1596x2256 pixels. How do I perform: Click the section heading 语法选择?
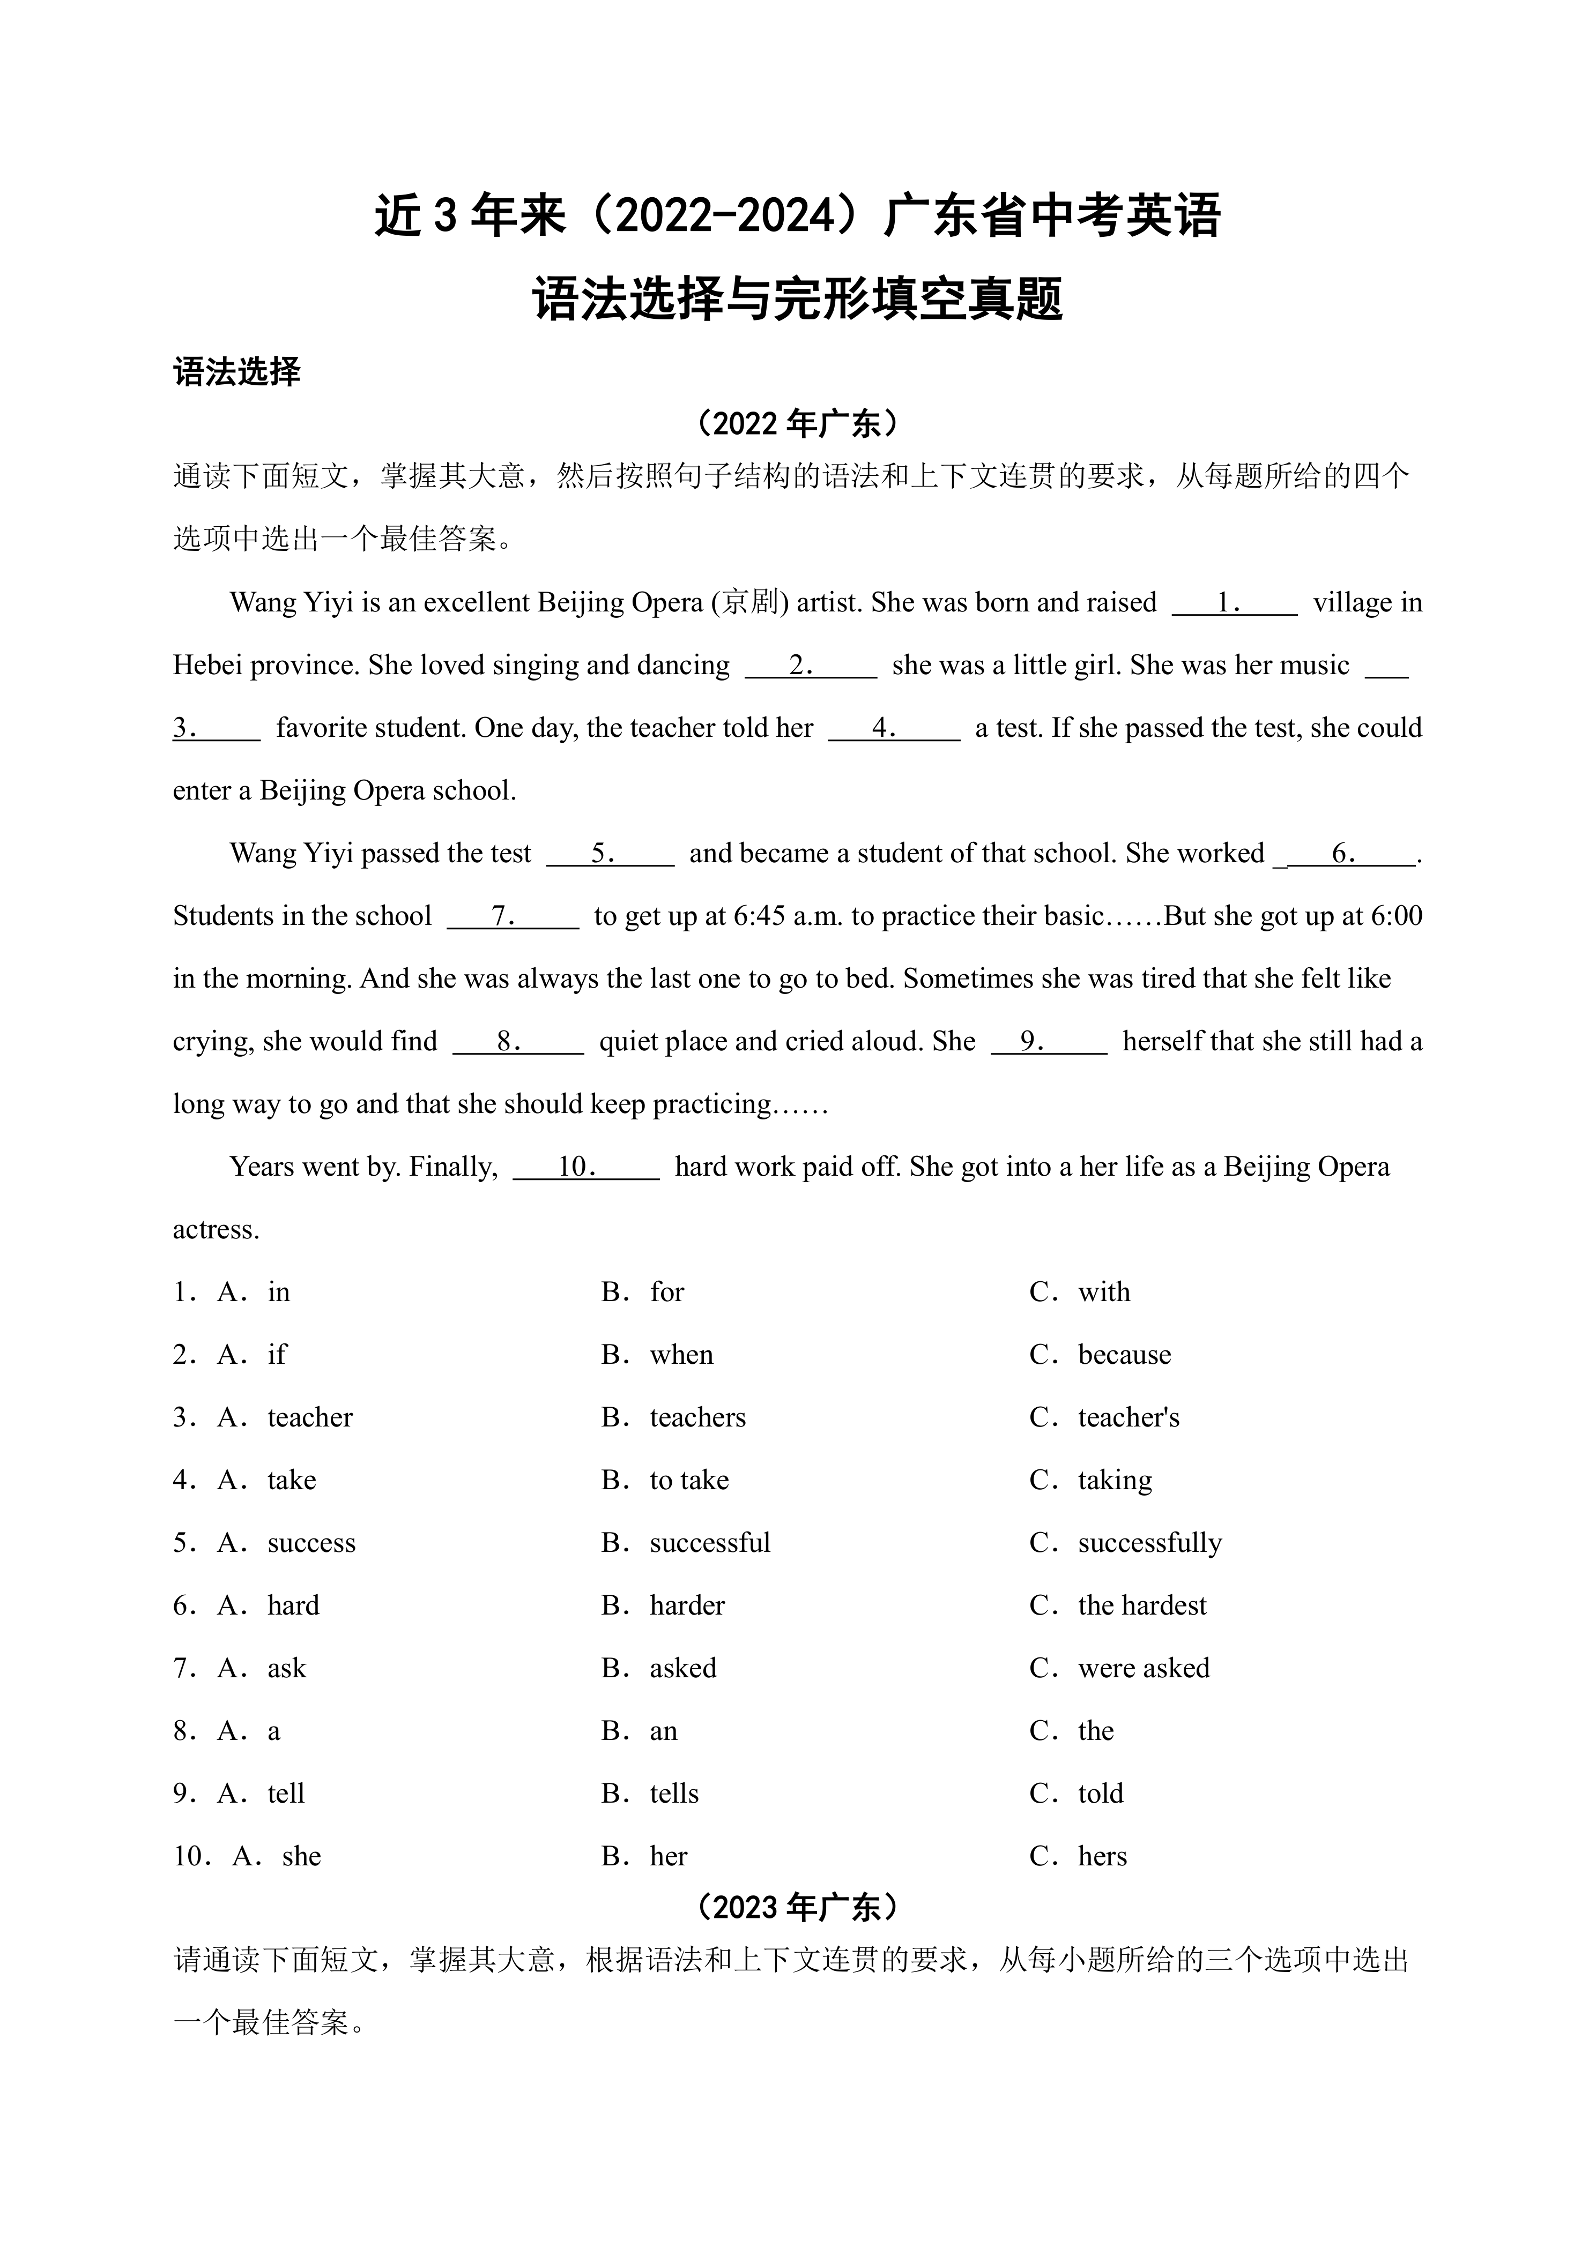tap(237, 372)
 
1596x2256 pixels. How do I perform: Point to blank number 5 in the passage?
tap(610, 853)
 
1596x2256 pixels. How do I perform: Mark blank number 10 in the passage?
tap(586, 1167)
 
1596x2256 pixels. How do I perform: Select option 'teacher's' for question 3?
tap(1128, 1417)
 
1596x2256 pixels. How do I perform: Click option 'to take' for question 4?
tap(689, 1480)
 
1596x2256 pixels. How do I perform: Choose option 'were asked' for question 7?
tap(1143, 1668)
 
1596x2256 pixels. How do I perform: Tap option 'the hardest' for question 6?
tap(1141, 1604)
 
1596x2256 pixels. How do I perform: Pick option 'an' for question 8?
tap(663, 1730)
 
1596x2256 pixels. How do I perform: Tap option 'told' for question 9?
tap(1100, 1793)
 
